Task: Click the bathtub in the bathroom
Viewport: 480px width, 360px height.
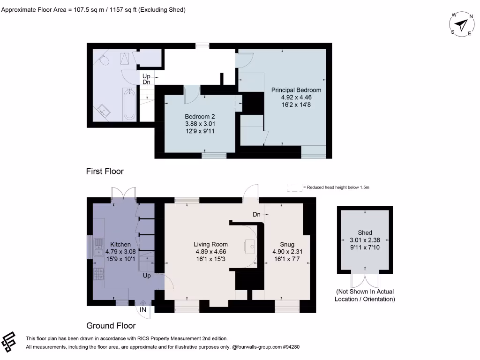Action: [129, 104]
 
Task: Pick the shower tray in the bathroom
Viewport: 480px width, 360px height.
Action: [125, 59]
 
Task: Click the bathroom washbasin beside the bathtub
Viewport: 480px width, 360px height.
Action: [104, 111]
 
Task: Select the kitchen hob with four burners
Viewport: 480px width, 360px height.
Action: [99, 274]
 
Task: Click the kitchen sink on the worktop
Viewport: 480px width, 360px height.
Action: [99, 247]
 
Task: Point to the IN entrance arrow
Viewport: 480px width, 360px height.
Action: [143, 309]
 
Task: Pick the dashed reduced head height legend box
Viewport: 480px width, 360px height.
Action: [294, 187]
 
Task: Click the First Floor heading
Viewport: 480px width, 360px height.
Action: [105, 172]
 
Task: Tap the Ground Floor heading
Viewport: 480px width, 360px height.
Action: [111, 326]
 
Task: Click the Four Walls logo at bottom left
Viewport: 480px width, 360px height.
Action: [10, 342]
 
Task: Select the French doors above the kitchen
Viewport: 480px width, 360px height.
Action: [124, 193]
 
